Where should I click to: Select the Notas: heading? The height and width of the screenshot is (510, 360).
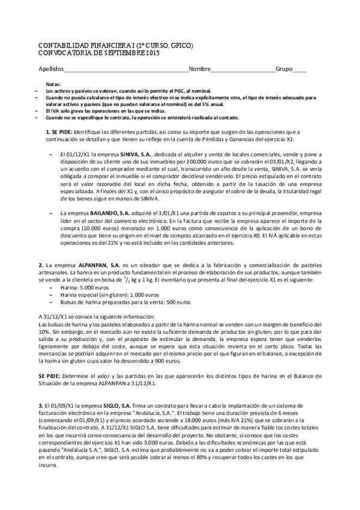tap(53, 84)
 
